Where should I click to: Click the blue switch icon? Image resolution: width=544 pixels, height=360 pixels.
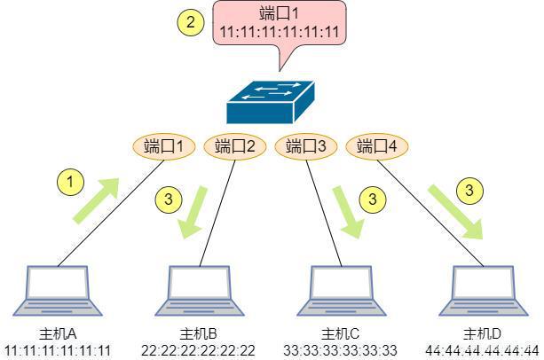tap(271, 102)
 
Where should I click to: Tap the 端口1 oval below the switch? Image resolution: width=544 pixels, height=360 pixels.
tap(164, 146)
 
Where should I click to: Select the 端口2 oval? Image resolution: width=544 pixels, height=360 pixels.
tap(235, 146)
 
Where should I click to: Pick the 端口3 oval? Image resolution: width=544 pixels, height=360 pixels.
tap(306, 146)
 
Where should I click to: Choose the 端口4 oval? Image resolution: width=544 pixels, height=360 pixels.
tap(377, 146)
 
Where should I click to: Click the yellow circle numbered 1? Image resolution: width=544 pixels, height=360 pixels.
tap(70, 182)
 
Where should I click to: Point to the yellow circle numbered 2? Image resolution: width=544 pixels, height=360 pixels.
tap(191, 22)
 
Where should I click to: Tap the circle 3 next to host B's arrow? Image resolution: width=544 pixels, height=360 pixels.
tap(169, 200)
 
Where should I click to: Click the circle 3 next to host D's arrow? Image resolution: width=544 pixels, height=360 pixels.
tap(469, 191)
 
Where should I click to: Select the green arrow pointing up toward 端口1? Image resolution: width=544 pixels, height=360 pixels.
tap(96, 200)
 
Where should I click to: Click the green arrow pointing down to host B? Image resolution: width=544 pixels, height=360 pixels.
tap(193, 212)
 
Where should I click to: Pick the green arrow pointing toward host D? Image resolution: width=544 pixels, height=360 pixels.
tap(456, 212)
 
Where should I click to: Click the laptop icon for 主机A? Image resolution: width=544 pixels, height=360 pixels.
tap(58, 291)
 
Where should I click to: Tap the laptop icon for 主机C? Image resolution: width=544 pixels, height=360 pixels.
tap(342, 291)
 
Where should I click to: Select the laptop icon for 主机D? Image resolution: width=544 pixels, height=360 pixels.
tap(484, 291)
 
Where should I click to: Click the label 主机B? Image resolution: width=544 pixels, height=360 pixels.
tap(199, 334)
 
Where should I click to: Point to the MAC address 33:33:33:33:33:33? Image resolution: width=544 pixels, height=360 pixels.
tap(341, 350)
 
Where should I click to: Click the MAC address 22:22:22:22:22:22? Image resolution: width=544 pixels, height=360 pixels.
tap(198, 350)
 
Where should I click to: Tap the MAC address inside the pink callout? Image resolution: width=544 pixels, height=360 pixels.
tap(280, 32)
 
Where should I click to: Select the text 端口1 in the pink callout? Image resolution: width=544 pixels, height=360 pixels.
tap(279, 14)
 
